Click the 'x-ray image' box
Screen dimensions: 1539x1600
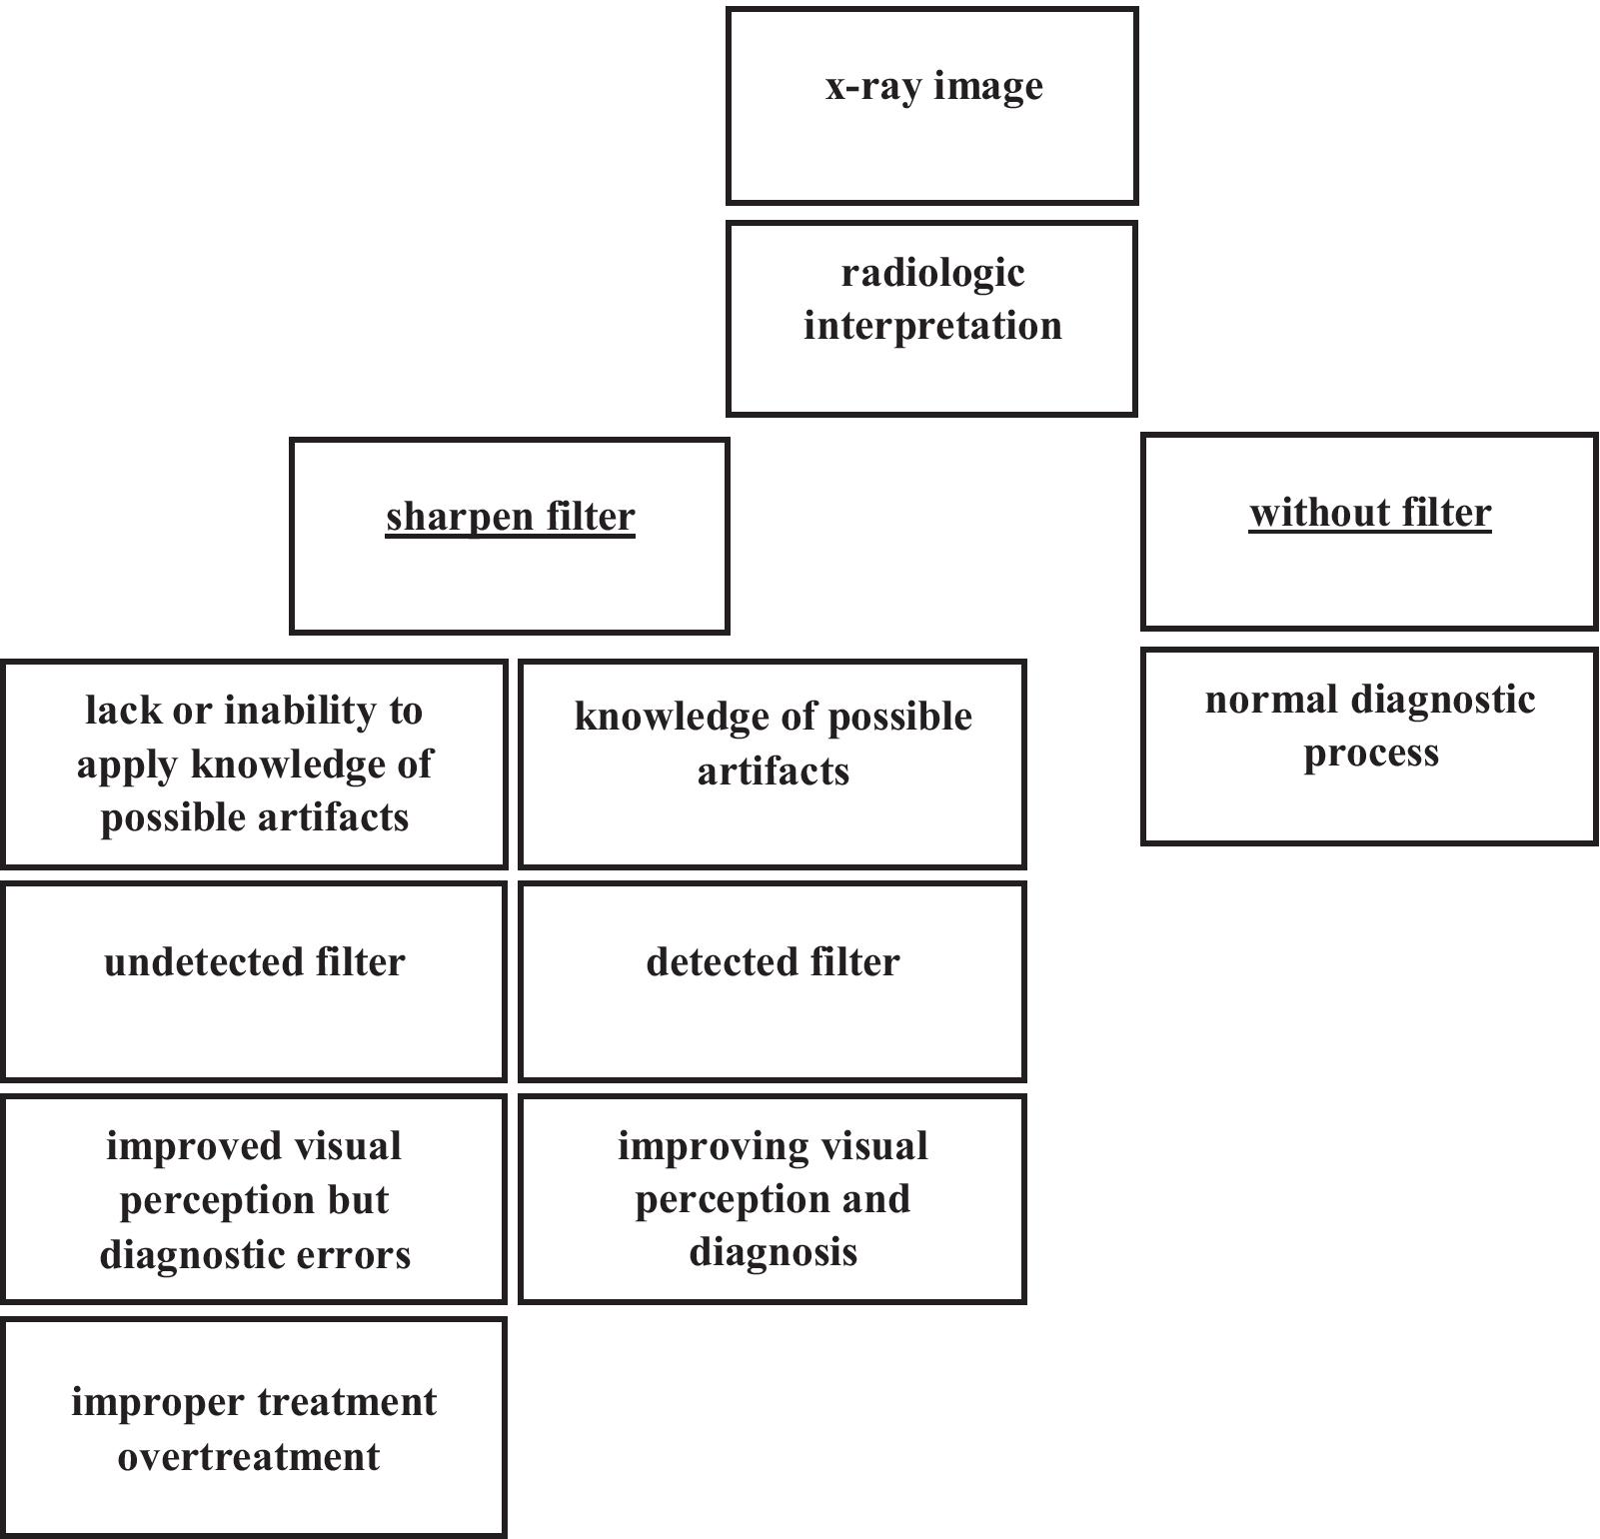pyautogui.click(x=931, y=106)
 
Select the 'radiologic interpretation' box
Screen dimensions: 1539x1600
pyautogui.click(x=931, y=318)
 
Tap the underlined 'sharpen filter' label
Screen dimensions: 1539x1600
pyautogui.click(x=510, y=518)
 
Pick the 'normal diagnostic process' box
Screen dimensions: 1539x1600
pyautogui.click(x=1369, y=746)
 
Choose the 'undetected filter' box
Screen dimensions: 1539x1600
pyautogui.click(x=254, y=980)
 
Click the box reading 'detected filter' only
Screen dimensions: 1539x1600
pyautogui.click(x=773, y=980)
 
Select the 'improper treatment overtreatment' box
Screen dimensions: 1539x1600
pyautogui.click(x=254, y=1426)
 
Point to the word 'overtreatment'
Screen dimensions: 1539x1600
pyautogui.click(x=249, y=1456)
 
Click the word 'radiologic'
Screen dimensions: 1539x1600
pyautogui.click(x=932, y=273)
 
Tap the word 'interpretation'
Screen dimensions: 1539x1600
pyautogui.click(x=932, y=326)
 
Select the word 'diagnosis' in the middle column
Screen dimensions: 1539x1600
pyautogui.click(x=773, y=1252)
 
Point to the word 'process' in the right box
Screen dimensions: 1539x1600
pyautogui.click(x=1370, y=754)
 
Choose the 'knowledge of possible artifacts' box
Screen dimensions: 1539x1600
pyautogui.click(x=773, y=764)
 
